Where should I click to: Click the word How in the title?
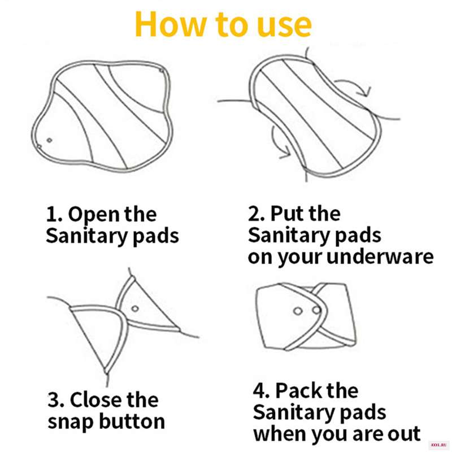(x=171, y=24)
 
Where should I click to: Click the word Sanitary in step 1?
(x=86, y=236)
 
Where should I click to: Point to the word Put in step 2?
(x=287, y=214)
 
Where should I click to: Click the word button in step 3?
(x=132, y=421)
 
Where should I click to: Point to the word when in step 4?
(x=279, y=433)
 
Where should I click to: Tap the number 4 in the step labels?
(x=259, y=391)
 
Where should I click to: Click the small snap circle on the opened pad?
(x=50, y=140)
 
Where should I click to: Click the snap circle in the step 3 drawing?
(x=135, y=308)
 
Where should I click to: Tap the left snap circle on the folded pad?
(x=298, y=311)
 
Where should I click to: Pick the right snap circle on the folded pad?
(x=316, y=310)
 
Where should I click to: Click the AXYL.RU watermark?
(x=438, y=445)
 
